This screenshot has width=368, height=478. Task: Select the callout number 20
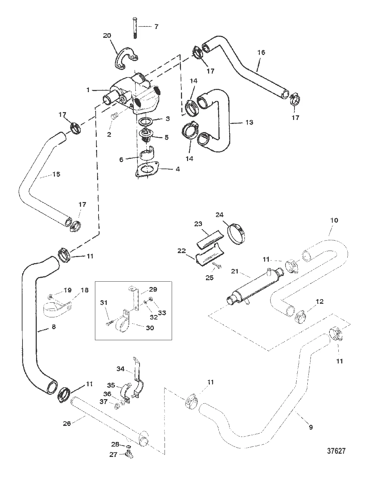coord(107,35)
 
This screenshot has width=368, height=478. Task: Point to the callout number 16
coord(261,52)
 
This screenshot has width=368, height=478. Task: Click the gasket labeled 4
coord(147,168)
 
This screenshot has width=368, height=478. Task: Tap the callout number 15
coord(56,174)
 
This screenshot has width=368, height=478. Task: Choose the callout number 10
coord(334,220)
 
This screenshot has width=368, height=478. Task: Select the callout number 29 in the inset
coord(153,289)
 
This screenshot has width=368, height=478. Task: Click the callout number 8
coord(54,326)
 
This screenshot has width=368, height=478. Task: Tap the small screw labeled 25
coord(217,266)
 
